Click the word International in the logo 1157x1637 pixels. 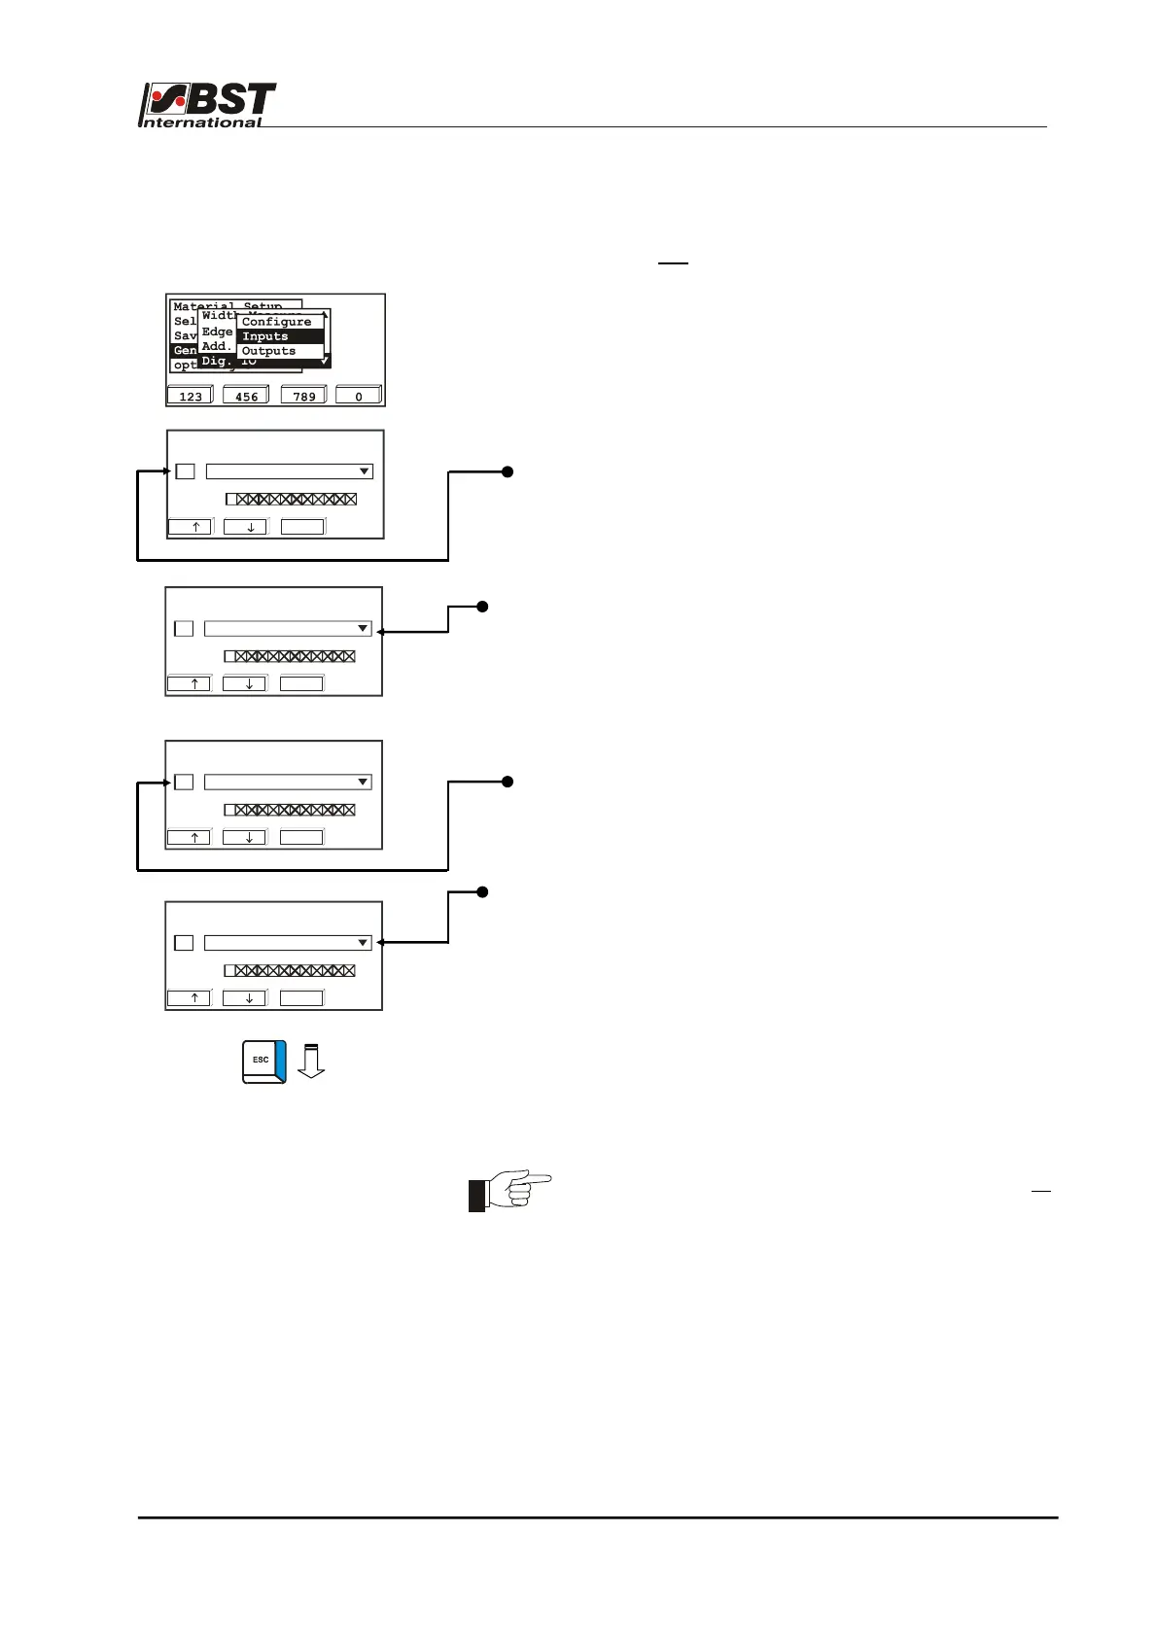point(201,122)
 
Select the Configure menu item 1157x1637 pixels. point(277,322)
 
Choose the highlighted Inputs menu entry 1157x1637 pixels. point(265,336)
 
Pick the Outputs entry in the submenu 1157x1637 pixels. point(268,351)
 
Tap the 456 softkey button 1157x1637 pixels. point(246,396)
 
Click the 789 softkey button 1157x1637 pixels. point(304,396)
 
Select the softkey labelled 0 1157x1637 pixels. point(359,396)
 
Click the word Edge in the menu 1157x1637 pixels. point(217,331)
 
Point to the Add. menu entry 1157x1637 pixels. point(216,346)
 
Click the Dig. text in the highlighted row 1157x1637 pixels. point(215,361)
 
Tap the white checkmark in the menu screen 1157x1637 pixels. point(325,361)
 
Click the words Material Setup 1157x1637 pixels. point(228,306)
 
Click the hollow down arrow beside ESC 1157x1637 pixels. point(311,1061)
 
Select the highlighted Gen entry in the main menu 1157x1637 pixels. point(185,350)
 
